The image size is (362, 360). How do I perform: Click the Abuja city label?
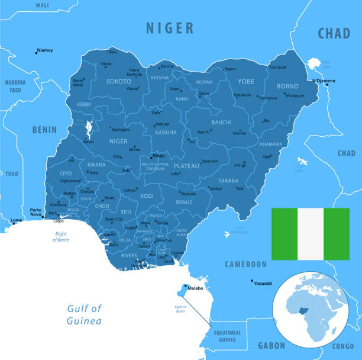point(159,155)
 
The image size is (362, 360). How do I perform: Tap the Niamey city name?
point(44,50)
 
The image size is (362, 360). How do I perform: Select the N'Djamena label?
point(324,81)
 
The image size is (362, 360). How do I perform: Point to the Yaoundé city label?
point(263,284)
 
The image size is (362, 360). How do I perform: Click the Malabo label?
point(195,288)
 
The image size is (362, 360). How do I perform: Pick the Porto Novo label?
point(36,212)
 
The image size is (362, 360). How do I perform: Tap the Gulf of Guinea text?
point(84,314)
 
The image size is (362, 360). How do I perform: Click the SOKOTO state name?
point(118,82)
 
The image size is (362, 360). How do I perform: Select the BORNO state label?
point(288,86)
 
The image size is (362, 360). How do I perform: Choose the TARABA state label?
point(228,181)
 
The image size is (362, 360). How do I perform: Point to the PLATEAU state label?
point(187,166)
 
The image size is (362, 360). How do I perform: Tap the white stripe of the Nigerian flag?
point(311,234)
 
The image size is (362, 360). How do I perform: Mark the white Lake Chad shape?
point(313,64)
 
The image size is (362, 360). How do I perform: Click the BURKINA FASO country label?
point(15,86)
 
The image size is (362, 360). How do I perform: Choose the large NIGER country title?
point(170,27)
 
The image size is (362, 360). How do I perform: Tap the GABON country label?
point(271,345)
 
